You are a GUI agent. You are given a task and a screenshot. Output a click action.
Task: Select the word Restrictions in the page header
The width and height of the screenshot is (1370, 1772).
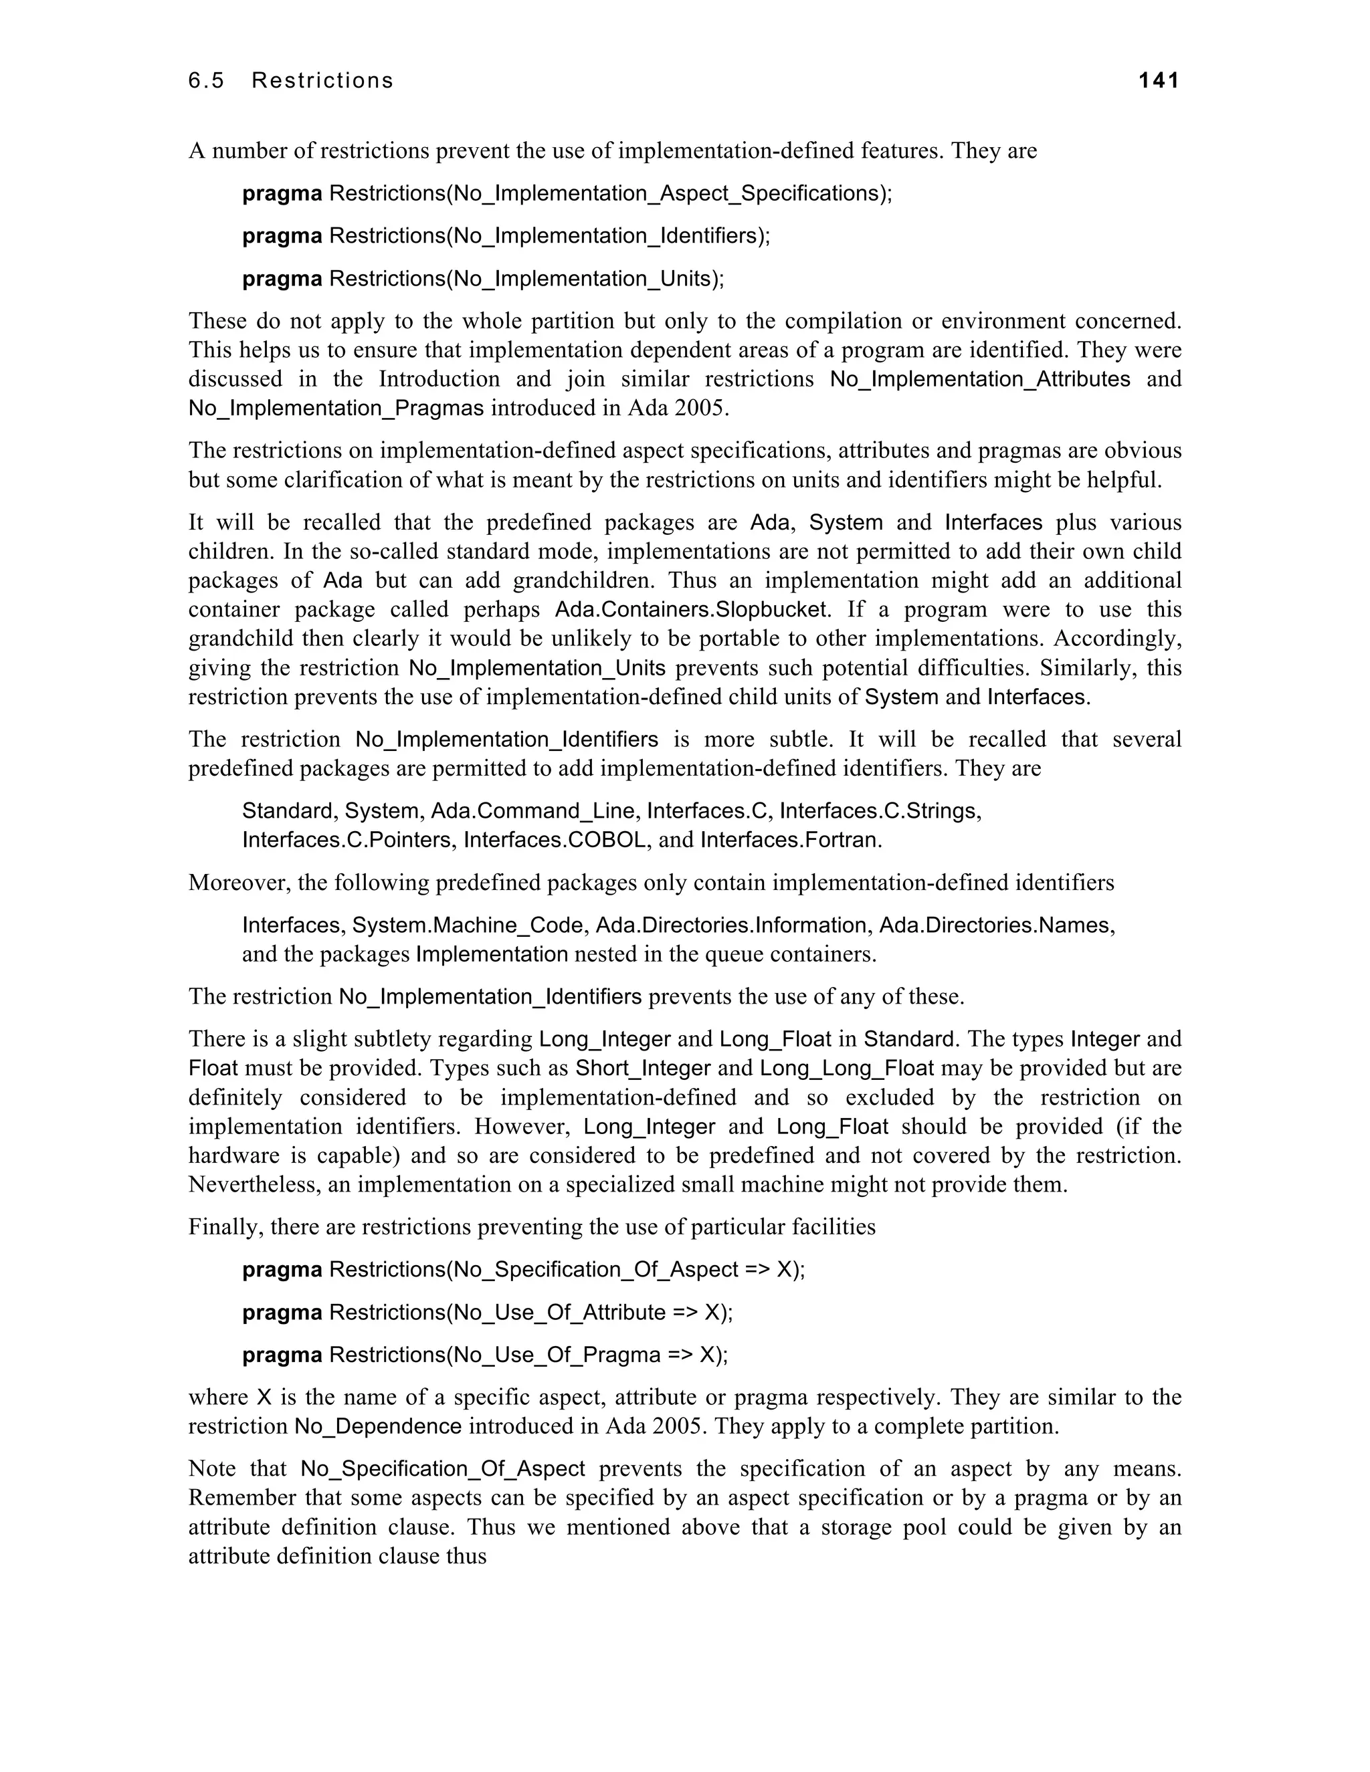coord(322,80)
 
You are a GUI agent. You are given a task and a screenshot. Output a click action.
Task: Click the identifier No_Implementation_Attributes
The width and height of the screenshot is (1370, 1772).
coord(979,379)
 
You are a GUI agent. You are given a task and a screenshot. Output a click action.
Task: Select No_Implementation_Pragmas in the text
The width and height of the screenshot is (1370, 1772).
coord(336,408)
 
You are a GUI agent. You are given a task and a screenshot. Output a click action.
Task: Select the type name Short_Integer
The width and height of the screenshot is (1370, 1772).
coord(643,1069)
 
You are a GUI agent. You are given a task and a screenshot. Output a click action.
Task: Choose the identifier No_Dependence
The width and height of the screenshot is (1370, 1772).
coord(378,1427)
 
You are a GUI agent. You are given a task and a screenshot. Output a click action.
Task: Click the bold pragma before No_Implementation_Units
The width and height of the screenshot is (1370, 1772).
coord(282,279)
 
